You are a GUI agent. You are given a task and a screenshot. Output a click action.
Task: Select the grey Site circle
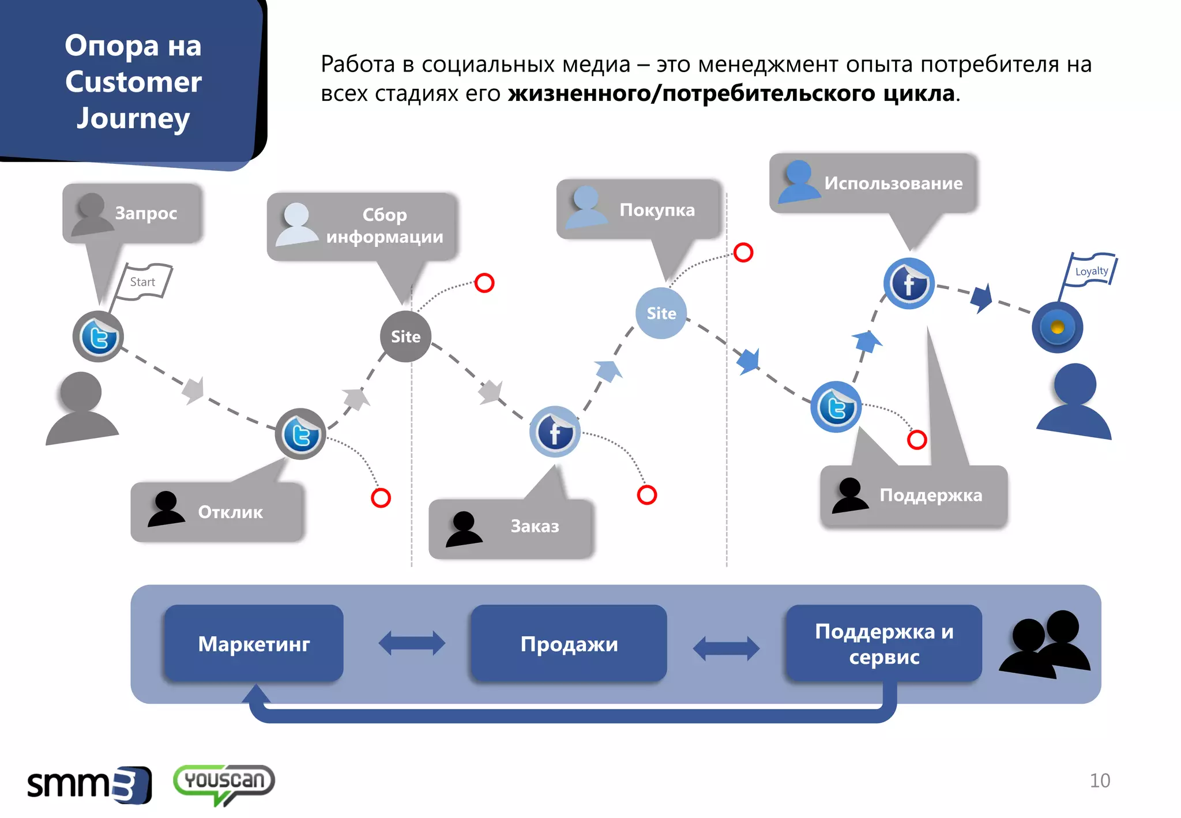pyautogui.click(x=405, y=336)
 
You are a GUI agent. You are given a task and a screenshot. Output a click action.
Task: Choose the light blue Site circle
pyautogui.click(x=661, y=313)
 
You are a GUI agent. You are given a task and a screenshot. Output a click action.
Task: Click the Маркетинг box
pyautogui.click(x=254, y=643)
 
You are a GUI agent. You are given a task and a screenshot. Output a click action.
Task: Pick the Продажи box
pyautogui.click(x=569, y=643)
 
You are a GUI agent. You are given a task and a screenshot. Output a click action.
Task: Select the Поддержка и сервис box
pyautogui.click(x=883, y=643)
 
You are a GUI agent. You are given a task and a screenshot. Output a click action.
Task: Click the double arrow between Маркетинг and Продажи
pyautogui.click(x=412, y=643)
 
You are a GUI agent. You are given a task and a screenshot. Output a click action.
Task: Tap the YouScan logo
pyautogui.click(x=224, y=782)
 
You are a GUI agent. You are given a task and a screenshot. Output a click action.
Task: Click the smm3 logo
pyautogui.click(x=89, y=785)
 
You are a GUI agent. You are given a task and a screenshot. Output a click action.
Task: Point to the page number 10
pyautogui.click(x=1100, y=781)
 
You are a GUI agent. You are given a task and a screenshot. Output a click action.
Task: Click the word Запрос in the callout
pyautogui.click(x=146, y=213)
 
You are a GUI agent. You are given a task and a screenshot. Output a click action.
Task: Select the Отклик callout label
pyautogui.click(x=230, y=512)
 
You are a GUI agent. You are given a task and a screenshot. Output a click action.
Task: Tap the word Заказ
pyautogui.click(x=535, y=526)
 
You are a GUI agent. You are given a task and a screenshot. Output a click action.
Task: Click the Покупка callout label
pyautogui.click(x=657, y=209)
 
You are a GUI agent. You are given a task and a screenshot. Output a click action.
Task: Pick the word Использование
pyautogui.click(x=893, y=183)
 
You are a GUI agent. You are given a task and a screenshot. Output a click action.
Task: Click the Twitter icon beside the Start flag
pyautogui.click(x=99, y=337)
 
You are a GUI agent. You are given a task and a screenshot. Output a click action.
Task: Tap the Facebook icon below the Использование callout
pyautogui.click(x=909, y=283)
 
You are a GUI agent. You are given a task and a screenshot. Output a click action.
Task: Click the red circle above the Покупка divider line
pyautogui.click(x=743, y=252)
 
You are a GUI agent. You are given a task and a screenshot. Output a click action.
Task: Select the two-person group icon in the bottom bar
pyautogui.click(x=1045, y=643)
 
